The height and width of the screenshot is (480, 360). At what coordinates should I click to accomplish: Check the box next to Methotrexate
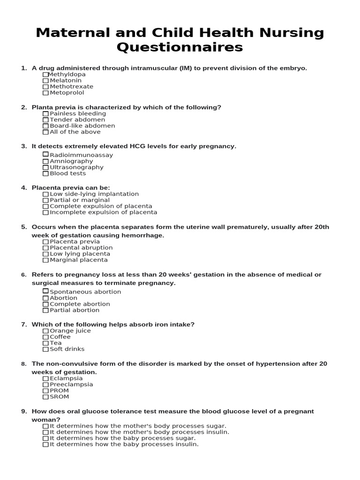coord(45,87)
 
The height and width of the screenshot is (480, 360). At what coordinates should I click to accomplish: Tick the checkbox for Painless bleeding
coord(45,114)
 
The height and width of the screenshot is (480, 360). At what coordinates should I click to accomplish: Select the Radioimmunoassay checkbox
coord(45,155)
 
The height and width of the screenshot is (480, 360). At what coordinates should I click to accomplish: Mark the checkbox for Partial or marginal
coord(45,200)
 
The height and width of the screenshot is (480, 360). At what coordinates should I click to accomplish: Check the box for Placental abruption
coord(45,248)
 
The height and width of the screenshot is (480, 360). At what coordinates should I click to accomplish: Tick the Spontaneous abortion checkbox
coord(45,292)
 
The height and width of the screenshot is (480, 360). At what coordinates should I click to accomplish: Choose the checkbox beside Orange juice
coord(45,331)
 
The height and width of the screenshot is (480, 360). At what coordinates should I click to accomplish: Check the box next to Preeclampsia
coord(45,385)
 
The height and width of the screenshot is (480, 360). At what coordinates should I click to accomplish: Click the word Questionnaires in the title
coord(180,47)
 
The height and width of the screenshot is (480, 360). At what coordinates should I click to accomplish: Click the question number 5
coord(23,227)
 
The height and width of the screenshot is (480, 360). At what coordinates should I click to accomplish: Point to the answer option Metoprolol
coord(67,93)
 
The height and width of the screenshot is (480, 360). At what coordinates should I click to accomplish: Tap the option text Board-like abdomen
coord(82,126)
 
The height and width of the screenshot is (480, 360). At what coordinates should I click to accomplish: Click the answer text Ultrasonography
coord(77,167)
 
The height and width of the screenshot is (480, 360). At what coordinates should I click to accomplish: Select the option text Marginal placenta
coord(79,260)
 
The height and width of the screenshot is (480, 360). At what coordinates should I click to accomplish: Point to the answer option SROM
coord(60,397)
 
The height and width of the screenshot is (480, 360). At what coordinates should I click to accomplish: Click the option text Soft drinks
coord(67,349)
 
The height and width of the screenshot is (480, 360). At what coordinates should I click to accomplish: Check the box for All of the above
coord(45,132)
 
